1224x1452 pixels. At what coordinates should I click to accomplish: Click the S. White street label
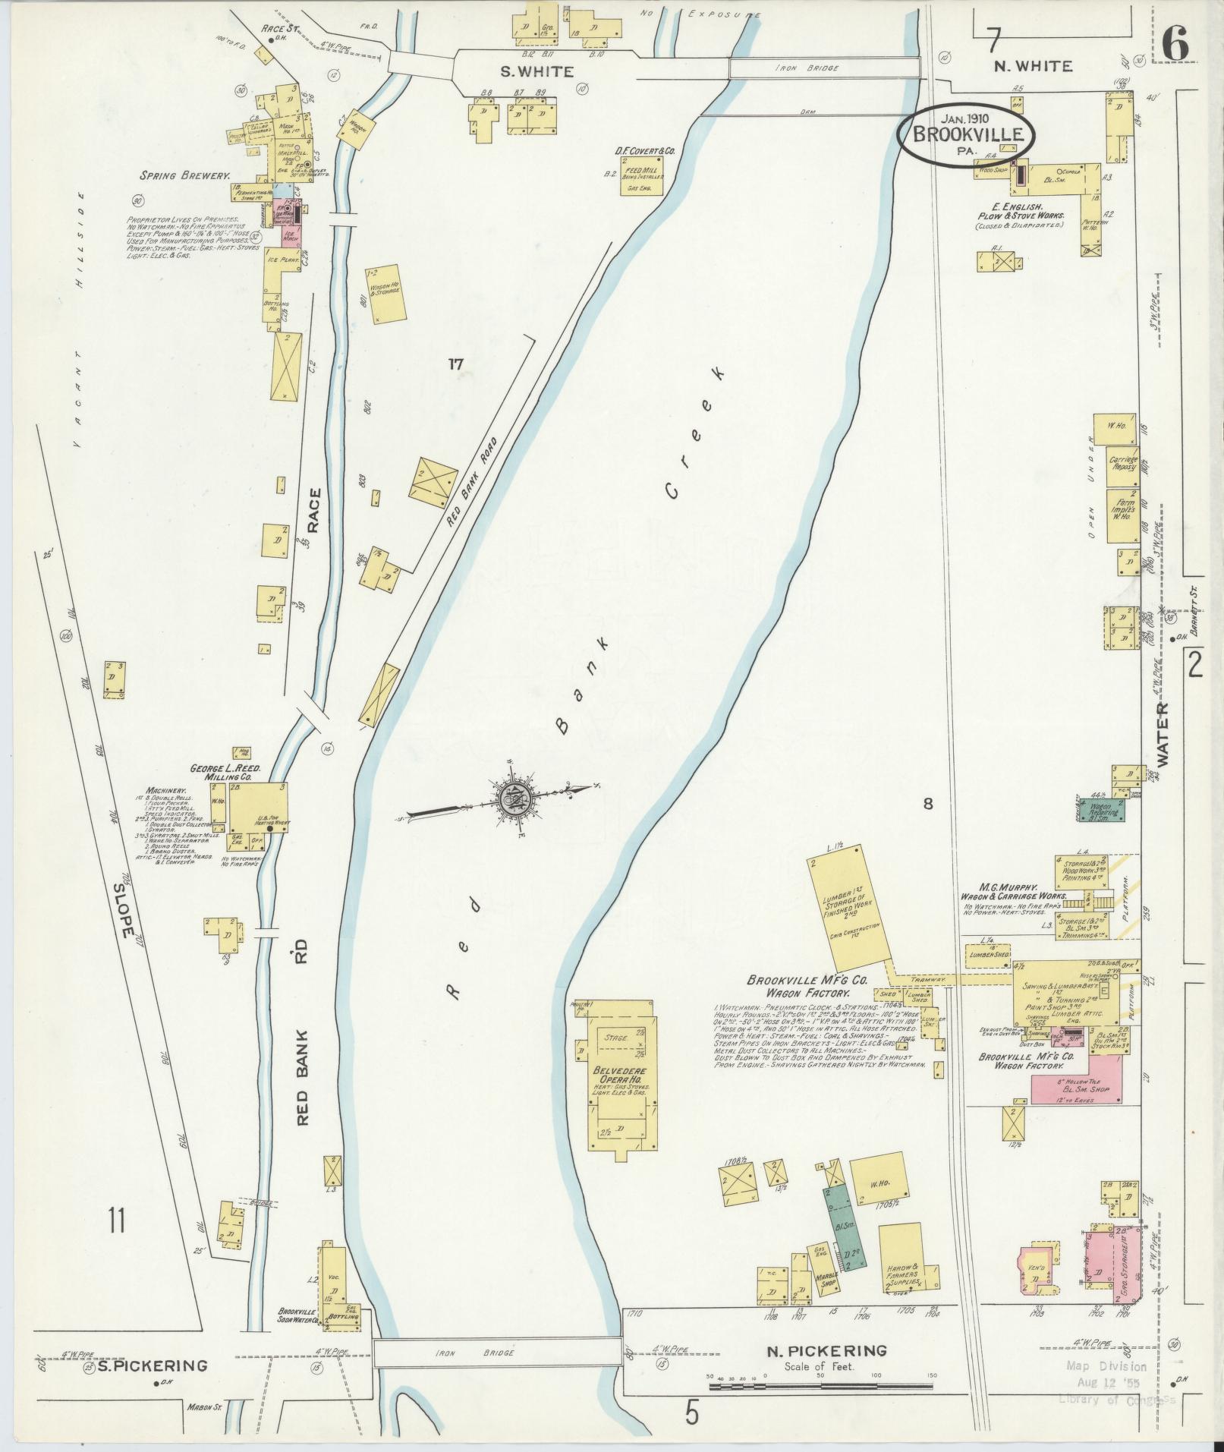point(525,71)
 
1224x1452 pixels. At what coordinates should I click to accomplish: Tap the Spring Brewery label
point(184,175)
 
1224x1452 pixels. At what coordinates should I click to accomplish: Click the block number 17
point(455,364)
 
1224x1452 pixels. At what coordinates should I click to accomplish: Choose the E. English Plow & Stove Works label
point(1020,216)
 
